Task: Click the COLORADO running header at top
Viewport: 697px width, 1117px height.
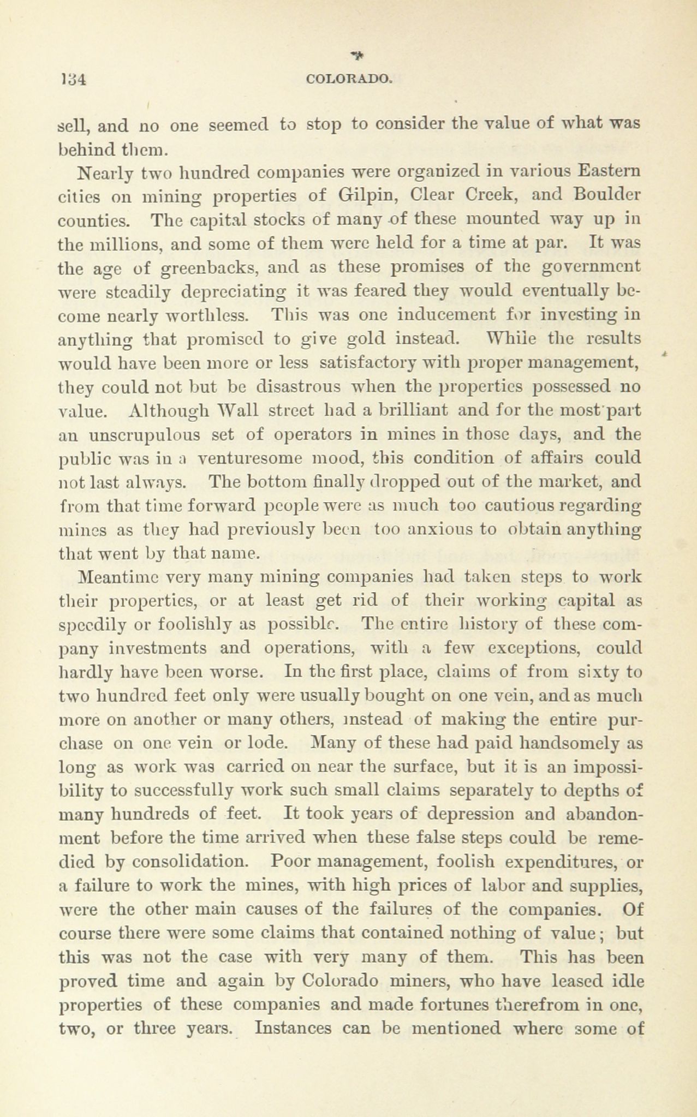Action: point(349,79)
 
